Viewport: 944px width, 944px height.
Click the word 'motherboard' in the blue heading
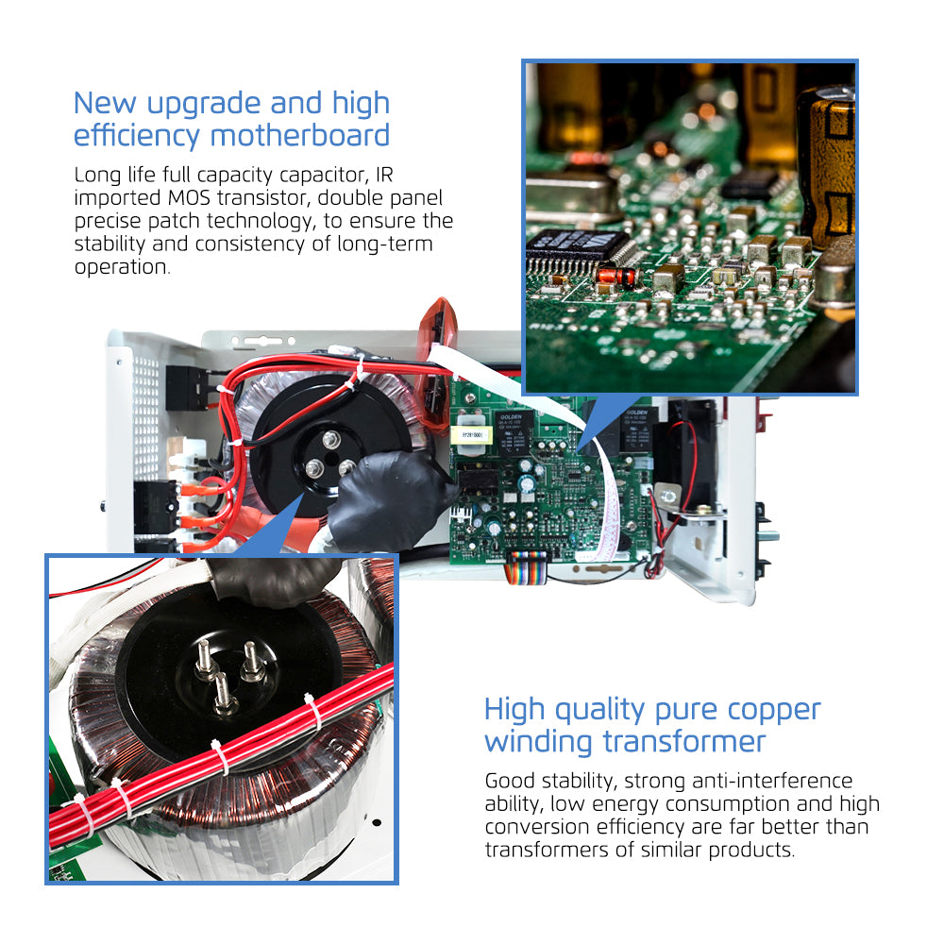coord(300,135)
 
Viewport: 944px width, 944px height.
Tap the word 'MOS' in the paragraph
coord(189,197)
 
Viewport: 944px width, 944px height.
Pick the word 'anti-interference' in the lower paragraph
coord(772,781)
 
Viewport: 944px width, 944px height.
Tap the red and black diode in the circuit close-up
coord(615,276)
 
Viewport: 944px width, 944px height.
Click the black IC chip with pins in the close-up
coord(578,247)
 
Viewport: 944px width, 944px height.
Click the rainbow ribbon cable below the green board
coord(526,566)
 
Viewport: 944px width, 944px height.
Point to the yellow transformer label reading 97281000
coord(472,434)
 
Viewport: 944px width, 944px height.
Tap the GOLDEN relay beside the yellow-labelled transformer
coord(513,431)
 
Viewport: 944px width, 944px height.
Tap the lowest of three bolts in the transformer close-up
coord(225,694)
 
